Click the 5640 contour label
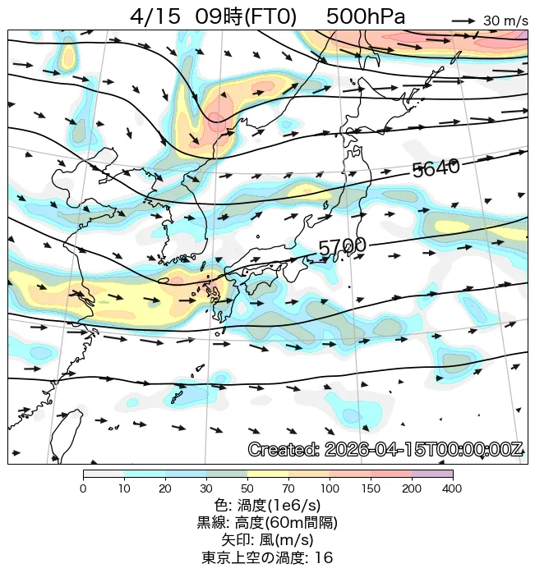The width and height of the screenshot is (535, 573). point(436,168)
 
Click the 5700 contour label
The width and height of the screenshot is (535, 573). point(342,246)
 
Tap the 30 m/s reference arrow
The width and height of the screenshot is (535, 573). point(464,21)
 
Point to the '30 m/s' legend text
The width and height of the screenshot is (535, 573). point(505,21)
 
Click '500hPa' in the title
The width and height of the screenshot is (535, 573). point(366,17)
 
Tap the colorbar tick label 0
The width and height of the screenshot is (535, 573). point(83,489)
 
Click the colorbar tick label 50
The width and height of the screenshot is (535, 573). point(247,489)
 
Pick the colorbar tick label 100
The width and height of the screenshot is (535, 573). point(330,489)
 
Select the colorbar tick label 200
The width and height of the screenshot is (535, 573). point(412,489)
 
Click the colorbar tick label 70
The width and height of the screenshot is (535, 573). point(288,489)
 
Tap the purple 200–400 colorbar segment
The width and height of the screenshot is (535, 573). point(432,474)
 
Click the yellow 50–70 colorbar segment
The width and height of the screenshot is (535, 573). point(268,474)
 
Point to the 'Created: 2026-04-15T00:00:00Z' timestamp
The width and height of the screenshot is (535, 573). point(385,450)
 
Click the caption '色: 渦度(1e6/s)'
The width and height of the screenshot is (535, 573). point(267,506)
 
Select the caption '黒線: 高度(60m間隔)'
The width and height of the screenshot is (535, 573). point(267,523)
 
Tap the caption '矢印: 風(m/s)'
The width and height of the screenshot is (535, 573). point(267,540)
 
